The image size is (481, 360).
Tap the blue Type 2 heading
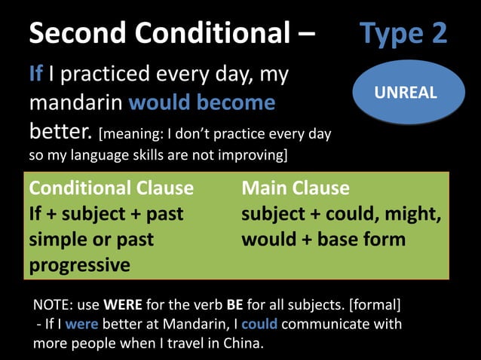click(x=403, y=33)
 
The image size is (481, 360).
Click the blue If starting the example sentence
click(x=35, y=74)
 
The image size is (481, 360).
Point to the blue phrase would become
click(x=201, y=102)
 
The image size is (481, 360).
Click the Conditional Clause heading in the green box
click(x=111, y=188)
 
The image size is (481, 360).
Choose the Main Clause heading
click(x=296, y=188)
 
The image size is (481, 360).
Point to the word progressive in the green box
click(x=79, y=265)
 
